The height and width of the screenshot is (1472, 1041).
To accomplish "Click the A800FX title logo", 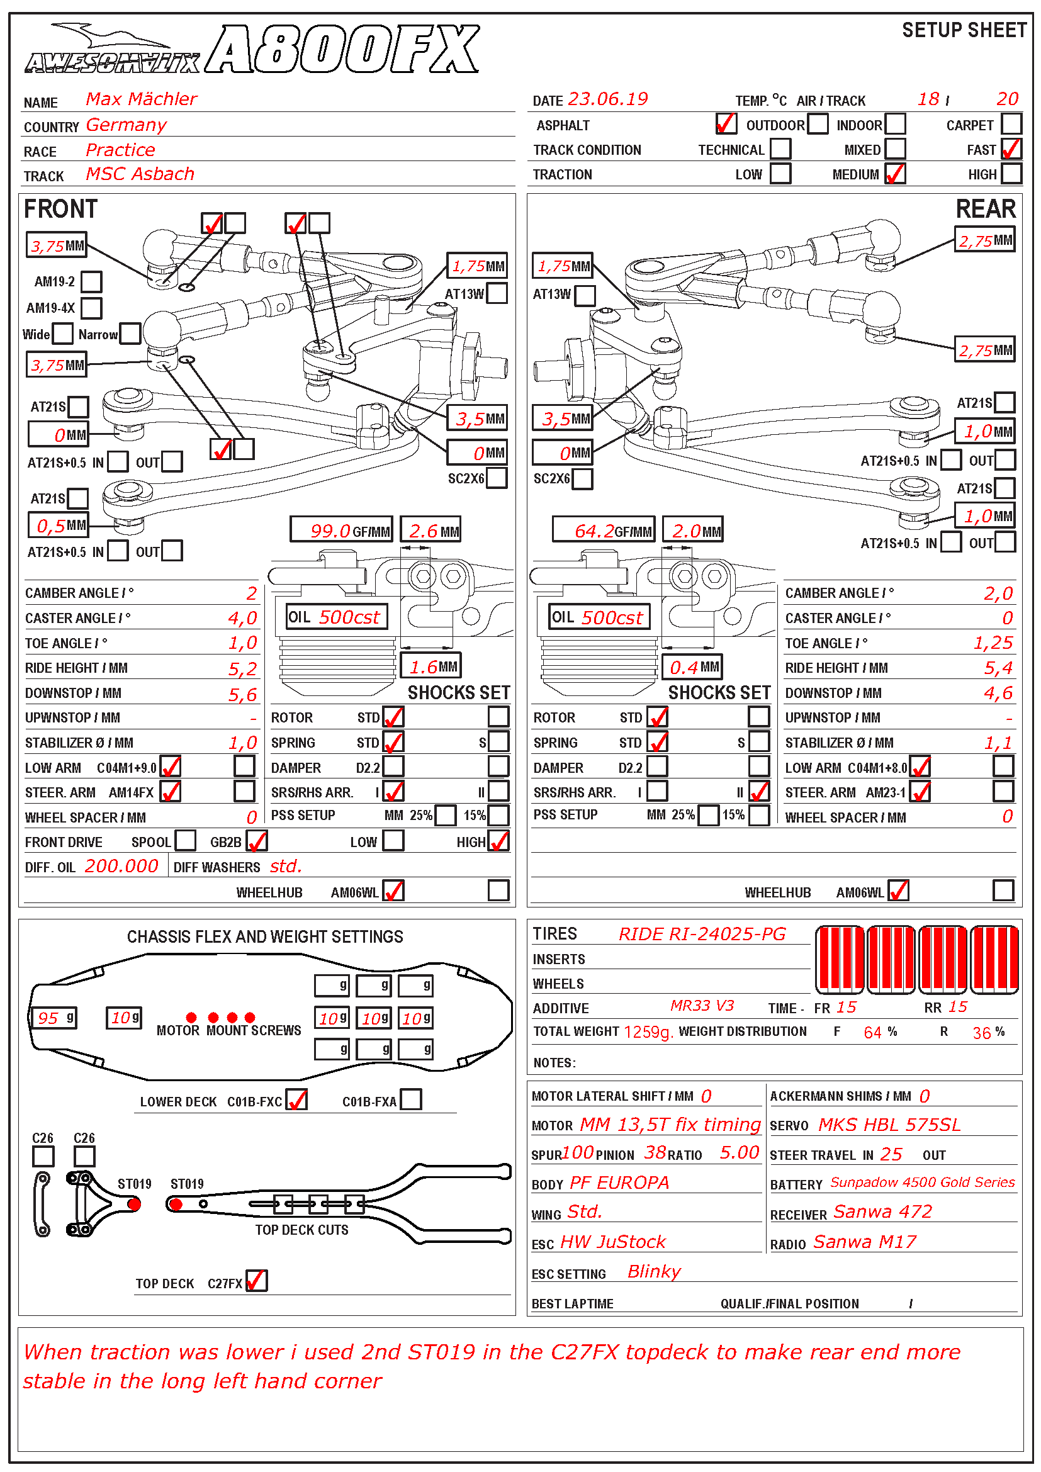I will pos(343,49).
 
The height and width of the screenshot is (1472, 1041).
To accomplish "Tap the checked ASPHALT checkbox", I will pos(726,123).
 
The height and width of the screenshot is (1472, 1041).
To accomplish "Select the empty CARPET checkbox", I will pos(1011,123).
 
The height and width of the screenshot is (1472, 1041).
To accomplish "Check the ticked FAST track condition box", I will pos(1011,149).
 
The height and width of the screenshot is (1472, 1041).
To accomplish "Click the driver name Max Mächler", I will pos(141,99).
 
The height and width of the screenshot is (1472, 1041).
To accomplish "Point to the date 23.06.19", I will pos(608,99).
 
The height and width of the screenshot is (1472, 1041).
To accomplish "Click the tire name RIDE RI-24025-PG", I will pos(702,933).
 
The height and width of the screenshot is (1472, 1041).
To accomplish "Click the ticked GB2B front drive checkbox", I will pos(256,841).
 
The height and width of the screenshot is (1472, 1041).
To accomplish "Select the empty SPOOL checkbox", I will pos(185,841).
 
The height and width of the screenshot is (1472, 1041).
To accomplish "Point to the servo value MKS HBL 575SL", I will pos(889,1125).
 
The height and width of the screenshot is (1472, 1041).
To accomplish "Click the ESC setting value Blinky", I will pos(654,1271).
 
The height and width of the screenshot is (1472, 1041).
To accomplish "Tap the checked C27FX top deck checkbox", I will pos(256,1281).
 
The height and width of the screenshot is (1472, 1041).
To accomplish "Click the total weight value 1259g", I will pos(648,1031).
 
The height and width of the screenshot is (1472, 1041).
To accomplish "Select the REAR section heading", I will pos(985,209).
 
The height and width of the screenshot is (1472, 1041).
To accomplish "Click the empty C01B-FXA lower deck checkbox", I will pos(411,1099).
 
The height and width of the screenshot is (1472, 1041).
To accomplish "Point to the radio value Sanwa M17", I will pos(865,1242).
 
